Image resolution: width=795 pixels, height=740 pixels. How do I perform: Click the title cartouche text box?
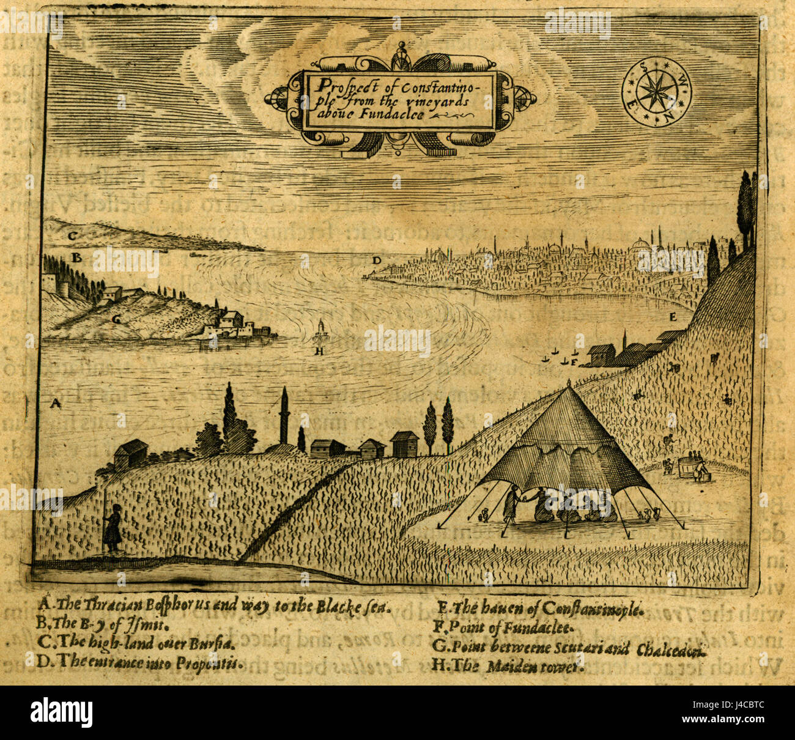tap(399, 100)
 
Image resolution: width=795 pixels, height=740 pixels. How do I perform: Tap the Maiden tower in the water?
tap(320, 333)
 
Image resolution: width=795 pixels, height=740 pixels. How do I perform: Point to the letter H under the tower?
tap(319, 351)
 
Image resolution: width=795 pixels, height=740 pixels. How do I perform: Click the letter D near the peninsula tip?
tap(377, 261)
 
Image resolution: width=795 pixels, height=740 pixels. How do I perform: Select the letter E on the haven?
tap(673, 317)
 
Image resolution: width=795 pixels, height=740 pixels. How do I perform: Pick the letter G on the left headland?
tap(116, 319)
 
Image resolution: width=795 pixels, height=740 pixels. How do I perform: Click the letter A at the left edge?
tap(55, 403)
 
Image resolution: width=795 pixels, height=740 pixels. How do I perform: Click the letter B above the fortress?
tap(76, 258)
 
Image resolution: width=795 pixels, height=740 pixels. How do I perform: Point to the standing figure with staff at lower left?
tap(113, 529)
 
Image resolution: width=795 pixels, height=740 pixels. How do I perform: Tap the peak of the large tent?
tap(569, 384)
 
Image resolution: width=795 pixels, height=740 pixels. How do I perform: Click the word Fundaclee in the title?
tap(391, 115)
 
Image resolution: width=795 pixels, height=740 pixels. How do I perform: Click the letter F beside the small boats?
tap(574, 362)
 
